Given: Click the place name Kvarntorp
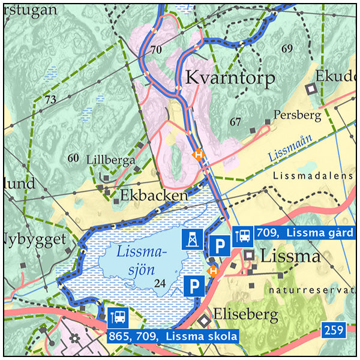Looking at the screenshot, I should [x=230, y=78].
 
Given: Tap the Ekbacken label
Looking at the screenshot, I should [x=154, y=196].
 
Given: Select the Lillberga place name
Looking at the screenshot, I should [x=110, y=160].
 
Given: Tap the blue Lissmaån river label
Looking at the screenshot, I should [x=290, y=148].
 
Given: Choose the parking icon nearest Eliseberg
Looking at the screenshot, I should [x=193, y=287].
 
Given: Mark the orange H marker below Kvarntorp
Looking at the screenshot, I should [x=197, y=154].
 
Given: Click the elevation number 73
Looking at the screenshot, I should [x=50, y=98].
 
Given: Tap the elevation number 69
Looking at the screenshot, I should [x=287, y=48].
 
